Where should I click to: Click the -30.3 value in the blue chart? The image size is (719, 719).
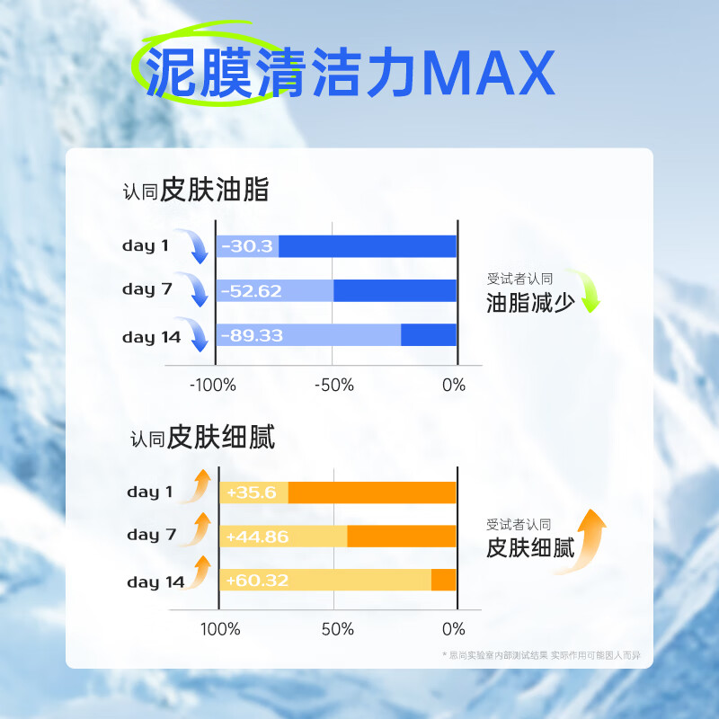[x=247, y=246]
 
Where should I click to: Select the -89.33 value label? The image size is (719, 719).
[x=252, y=335]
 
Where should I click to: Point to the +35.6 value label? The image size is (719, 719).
[x=251, y=493]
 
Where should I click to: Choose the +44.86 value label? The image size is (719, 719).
[x=257, y=537]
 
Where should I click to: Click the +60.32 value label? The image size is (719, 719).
[x=257, y=581]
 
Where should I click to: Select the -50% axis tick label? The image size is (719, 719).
[x=334, y=386]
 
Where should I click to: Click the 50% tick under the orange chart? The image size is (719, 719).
[x=337, y=629]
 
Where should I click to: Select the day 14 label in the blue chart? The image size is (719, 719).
[x=151, y=338]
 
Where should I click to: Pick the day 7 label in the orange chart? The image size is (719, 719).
[x=151, y=536]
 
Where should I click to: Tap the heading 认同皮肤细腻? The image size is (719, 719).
[x=202, y=439]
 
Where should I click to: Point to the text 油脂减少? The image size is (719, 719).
[x=530, y=302]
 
